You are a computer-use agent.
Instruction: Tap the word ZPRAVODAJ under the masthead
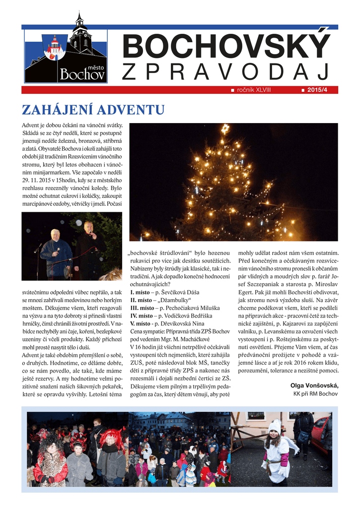coord(226,72)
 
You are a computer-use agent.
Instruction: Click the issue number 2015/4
coord(321,90)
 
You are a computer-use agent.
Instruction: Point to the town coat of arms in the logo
coord(54,48)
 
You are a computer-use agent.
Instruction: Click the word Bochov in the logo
coord(82,74)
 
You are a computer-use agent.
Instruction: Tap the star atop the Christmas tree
coord(225,129)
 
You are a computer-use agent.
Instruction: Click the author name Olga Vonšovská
coord(314,385)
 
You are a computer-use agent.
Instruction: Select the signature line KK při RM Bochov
coord(315,394)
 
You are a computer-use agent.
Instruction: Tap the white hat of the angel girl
coord(274,426)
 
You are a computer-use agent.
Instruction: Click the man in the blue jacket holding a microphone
coord(56,251)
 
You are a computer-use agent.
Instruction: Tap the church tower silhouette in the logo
coord(79,33)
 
